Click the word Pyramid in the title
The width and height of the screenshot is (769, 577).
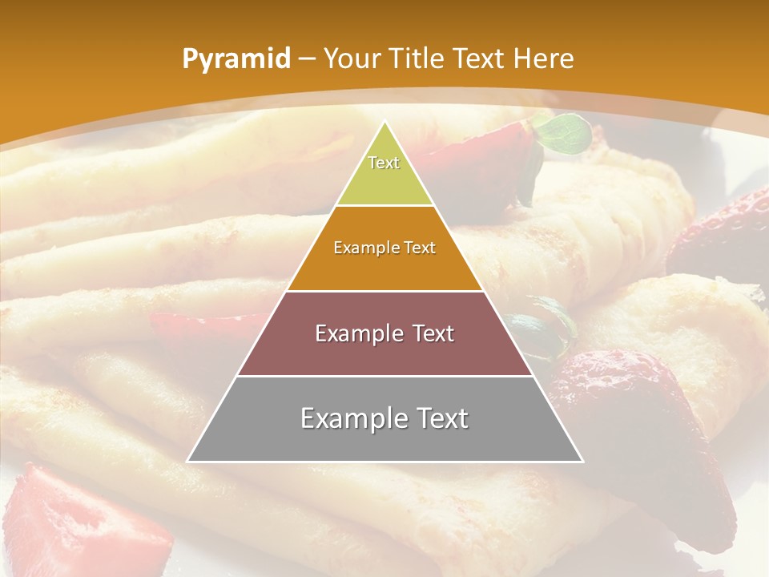coord(236,59)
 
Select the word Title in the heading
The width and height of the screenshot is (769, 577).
coord(417,59)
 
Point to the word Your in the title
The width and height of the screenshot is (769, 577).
coord(353,59)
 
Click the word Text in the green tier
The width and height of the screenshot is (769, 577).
coord(384,163)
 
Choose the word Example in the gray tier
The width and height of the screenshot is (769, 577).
coord(354,418)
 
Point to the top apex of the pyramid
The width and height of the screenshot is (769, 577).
coord(384,122)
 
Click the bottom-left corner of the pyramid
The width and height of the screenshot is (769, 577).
coord(188,461)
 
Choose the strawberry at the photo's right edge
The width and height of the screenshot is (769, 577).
coord(721,232)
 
